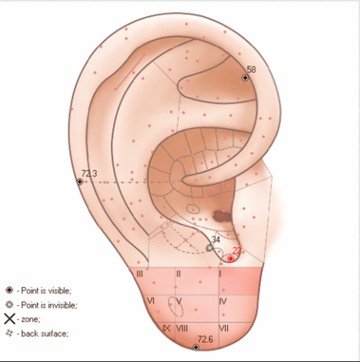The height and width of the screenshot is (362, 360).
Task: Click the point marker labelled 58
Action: [x=245, y=78]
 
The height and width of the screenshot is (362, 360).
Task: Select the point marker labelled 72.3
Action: [x=80, y=182]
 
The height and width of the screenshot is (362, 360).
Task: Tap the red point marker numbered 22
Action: [x=231, y=258]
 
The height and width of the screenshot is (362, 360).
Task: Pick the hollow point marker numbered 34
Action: [x=210, y=248]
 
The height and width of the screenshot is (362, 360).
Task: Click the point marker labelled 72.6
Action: [x=196, y=347]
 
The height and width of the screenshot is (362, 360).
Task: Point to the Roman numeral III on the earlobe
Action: [x=140, y=274]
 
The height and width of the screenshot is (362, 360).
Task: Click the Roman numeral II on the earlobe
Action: [x=178, y=274]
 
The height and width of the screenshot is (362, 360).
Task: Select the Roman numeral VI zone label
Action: [x=151, y=301]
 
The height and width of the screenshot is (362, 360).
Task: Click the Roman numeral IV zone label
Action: [x=223, y=301]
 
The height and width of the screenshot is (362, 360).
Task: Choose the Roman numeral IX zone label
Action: [x=166, y=328]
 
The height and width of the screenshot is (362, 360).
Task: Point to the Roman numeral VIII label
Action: [x=182, y=328]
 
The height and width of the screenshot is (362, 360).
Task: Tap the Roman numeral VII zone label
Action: [x=224, y=328]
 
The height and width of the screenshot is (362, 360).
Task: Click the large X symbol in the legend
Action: [x=9, y=319]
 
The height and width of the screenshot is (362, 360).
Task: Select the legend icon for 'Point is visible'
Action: [x=9, y=290]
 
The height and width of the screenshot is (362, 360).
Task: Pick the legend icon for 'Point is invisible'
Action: [x=9, y=305]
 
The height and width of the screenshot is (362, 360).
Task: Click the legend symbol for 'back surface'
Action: [x=9, y=333]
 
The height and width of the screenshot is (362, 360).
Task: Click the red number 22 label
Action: [x=237, y=251]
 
